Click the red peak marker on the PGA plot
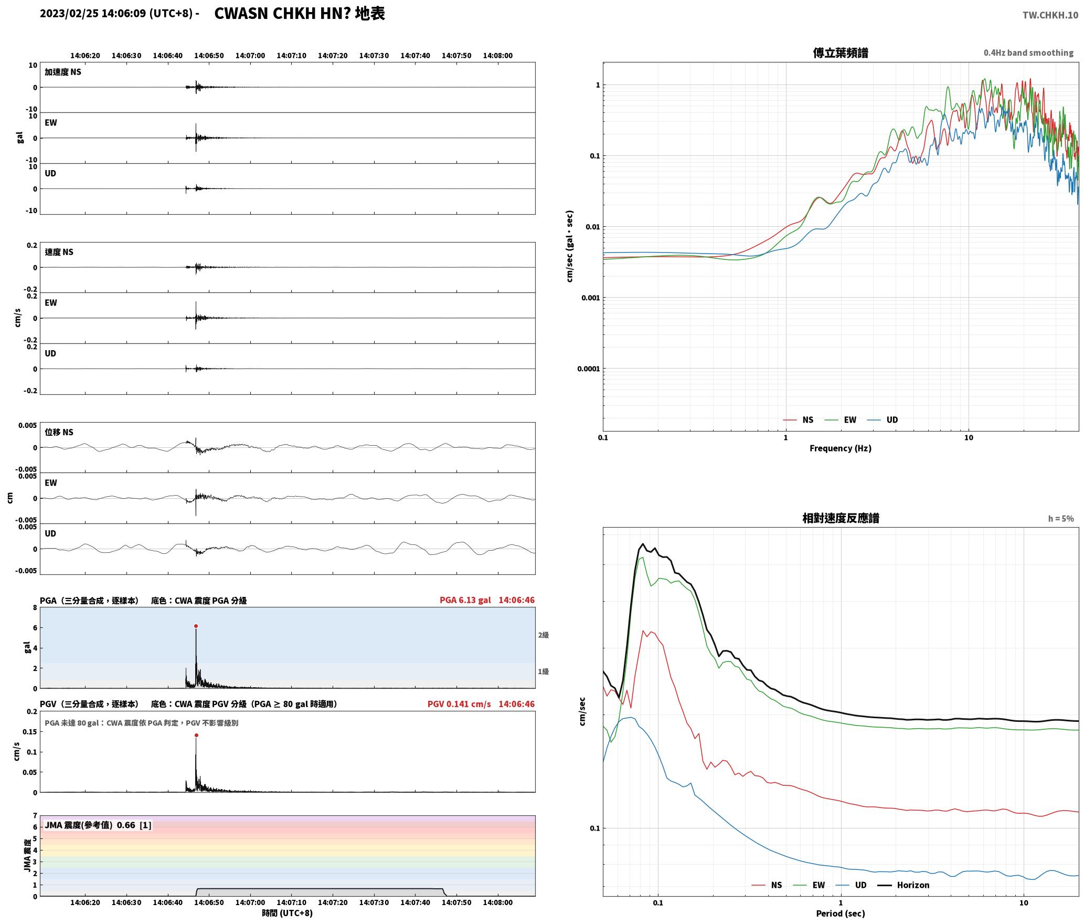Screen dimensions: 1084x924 pos(196,626)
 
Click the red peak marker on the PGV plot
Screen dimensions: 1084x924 pos(196,735)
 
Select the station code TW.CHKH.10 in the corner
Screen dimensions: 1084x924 pos(1050,15)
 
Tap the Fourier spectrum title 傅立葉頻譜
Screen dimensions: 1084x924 pos(841,52)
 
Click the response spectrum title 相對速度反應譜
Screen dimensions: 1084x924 pos(841,518)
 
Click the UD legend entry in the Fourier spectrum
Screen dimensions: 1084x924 pos(883,420)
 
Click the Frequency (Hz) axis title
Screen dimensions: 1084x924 pos(841,448)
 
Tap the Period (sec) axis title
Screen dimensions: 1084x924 pos(841,913)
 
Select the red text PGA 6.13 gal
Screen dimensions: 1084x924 pos(465,600)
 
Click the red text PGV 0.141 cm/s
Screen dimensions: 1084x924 pos(459,704)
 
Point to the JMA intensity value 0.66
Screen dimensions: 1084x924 pos(126,825)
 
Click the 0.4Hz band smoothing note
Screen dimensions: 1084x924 pos(1028,53)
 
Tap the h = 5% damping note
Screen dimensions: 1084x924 pos(1061,519)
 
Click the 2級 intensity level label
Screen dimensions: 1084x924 pos(543,635)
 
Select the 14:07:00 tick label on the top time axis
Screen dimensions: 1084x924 pos(250,56)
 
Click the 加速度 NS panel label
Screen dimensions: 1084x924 pos(63,72)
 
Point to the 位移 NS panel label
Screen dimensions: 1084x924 pos(59,432)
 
